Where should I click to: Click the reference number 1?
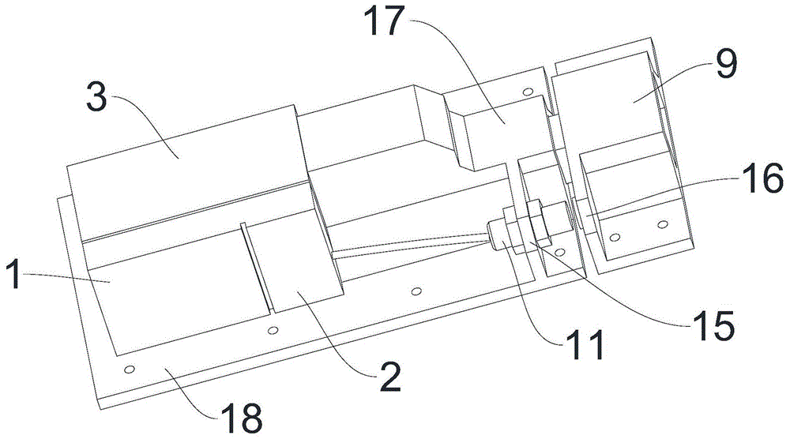click(x=14, y=275)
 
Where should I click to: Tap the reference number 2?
click(x=390, y=377)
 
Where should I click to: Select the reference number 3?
click(x=96, y=97)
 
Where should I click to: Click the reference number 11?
click(x=585, y=345)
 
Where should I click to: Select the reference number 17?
click(x=387, y=21)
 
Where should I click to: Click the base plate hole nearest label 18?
click(x=130, y=370)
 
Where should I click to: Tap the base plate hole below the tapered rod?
click(x=416, y=291)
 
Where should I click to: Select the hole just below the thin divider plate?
click(x=273, y=330)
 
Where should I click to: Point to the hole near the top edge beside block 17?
click(x=528, y=92)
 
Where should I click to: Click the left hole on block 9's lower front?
click(x=615, y=237)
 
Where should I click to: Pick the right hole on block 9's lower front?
click(x=663, y=224)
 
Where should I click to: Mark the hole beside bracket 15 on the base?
click(x=559, y=251)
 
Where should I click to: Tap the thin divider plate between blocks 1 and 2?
click(x=255, y=268)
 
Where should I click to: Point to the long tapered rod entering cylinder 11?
click(x=411, y=247)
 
